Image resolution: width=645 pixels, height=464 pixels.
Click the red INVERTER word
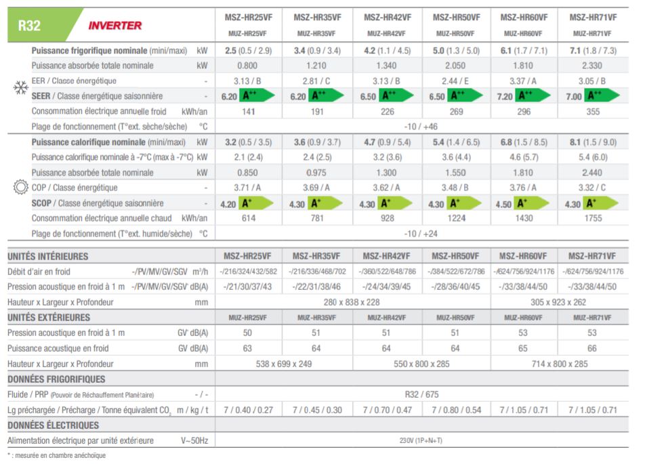115,26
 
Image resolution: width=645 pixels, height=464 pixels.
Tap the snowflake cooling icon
18,89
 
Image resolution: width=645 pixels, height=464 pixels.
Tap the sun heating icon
18,188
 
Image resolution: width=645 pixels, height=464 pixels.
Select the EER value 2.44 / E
456,81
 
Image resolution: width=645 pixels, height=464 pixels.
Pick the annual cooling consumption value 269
456,111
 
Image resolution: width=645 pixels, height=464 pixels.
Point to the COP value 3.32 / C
593,188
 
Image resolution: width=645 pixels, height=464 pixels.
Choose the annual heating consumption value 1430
524,218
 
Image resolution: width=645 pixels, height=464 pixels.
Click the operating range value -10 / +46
421,126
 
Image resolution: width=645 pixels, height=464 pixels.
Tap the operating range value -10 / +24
421,234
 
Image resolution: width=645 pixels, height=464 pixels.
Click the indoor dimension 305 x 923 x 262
558,302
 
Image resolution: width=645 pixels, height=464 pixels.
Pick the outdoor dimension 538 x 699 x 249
284,364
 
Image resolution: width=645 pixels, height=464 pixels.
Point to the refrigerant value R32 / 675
421,394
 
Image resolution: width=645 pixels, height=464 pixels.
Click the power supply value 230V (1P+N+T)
421,440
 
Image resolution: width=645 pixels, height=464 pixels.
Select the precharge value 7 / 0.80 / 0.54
456,410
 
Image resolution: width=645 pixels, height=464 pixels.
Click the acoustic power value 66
593,348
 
